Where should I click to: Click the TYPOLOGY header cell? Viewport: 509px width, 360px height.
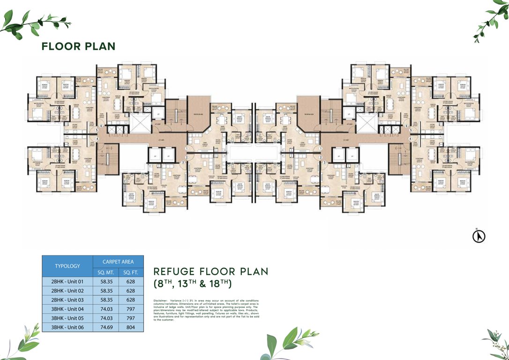(67, 266)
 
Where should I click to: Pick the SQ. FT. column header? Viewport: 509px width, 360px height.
(131, 272)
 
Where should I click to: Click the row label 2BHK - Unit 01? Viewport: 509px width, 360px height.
(67, 282)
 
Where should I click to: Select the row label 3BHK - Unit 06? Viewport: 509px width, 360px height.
(67, 327)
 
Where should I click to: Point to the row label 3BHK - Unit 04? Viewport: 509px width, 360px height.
(67, 309)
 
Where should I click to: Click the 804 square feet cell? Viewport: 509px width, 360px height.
(131, 327)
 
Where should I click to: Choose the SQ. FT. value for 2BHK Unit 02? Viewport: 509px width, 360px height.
(131, 291)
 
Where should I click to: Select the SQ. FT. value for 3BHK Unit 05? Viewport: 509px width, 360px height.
(131, 318)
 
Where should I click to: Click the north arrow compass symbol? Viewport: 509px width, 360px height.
(479, 236)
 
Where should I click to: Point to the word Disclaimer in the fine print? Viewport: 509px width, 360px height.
(161, 300)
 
